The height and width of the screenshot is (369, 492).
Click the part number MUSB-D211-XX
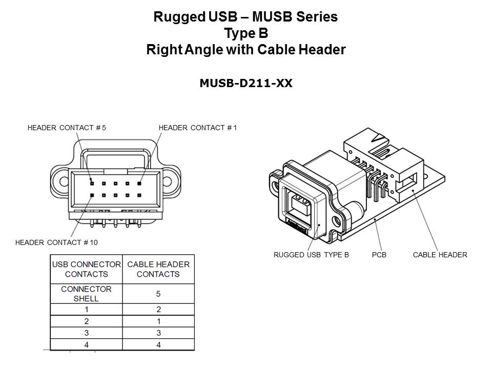pyautogui.click(x=246, y=84)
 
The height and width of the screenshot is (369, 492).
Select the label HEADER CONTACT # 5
pyautogui.click(x=67, y=128)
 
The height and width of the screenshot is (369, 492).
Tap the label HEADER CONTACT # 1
pyautogui.click(x=198, y=128)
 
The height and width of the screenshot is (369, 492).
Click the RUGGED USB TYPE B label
pyautogui.click(x=311, y=254)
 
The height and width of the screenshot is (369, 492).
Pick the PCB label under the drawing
pyautogui.click(x=379, y=254)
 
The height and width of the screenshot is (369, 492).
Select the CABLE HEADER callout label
pyautogui.click(x=440, y=254)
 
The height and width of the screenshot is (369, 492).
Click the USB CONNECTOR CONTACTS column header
pyautogui.click(x=86, y=269)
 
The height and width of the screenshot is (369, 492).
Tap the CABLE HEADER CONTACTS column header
pyautogui.click(x=158, y=269)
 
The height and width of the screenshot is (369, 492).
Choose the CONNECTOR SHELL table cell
pyautogui.click(x=86, y=294)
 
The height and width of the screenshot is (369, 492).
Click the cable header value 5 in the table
pyautogui.click(x=158, y=294)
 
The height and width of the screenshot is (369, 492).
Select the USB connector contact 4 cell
pyautogui.click(x=86, y=345)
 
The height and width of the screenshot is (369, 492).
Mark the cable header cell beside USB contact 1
pyautogui.click(x=158, y=309)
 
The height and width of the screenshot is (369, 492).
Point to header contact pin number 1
pyautogui.click(x=139, y=183)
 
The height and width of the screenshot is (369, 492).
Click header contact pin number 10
pyautogui.click(x=92, y=195)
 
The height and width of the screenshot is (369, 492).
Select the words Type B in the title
pyautogui.click(x=246, y=33)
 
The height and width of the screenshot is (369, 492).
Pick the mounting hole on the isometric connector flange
pyautogui.click(x=336, y=222)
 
